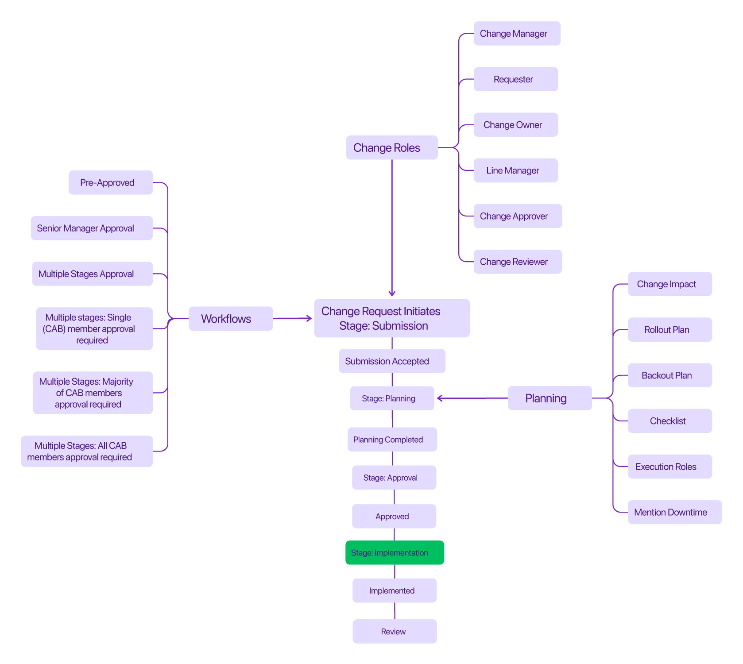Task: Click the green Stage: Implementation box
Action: point(395,552)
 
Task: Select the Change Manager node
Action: point(517,34)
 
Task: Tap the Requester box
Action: point(515,79)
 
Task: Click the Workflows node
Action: point(230,319)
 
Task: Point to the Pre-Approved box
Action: point(110,182)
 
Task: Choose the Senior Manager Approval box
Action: point(92,228)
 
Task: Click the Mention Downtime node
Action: point(674,512)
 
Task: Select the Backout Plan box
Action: point(669,375)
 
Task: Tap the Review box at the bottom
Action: point(395,631)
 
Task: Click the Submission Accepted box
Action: point(392,361)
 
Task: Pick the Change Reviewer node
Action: point(517,262)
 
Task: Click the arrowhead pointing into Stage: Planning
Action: point(440,398)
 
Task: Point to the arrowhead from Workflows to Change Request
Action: point(309,318)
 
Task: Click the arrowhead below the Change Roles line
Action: point(392,293)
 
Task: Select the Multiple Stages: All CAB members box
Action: point(87,451)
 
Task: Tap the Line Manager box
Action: point(515,170)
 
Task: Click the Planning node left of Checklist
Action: point(549,398)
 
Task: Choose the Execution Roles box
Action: point(669,467)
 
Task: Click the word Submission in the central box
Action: point(400,326)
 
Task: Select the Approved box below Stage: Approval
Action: point(394,516)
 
